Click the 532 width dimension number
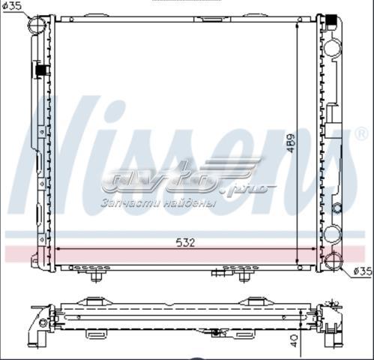click(185, 243)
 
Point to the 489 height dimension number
click(291, 143)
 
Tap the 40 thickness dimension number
click(295, 340)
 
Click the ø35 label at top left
click(12, 6)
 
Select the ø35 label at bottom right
click(364, 271)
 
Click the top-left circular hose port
click(37, 24)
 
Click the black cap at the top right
click(332, 20)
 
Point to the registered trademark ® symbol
click(361, 133)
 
